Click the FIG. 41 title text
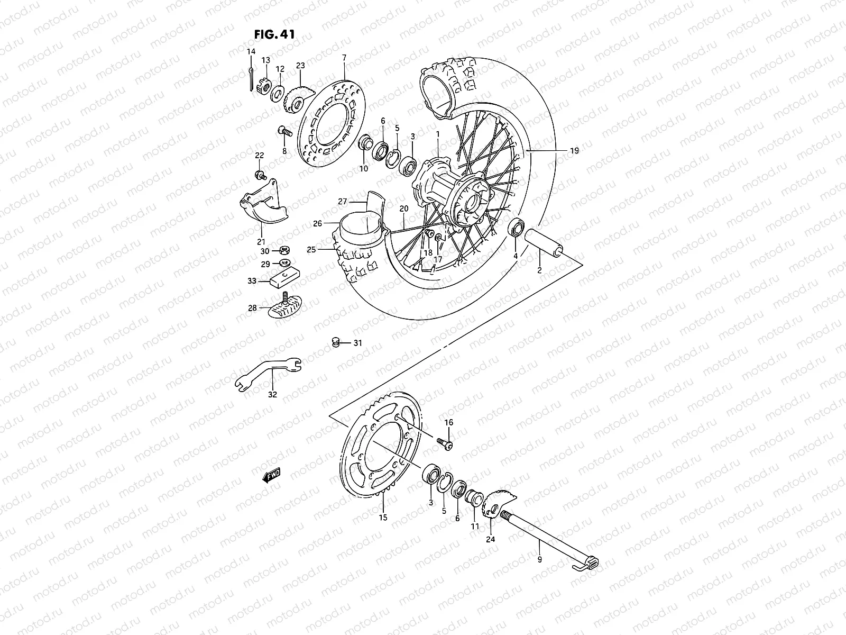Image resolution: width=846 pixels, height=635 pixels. click(x=274, y=34)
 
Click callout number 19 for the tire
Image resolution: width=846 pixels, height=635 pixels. click(x=574, y=151)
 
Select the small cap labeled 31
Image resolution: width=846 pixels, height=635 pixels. click(x=335, y=342)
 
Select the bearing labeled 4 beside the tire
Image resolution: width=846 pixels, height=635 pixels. click(x=516, y=229)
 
